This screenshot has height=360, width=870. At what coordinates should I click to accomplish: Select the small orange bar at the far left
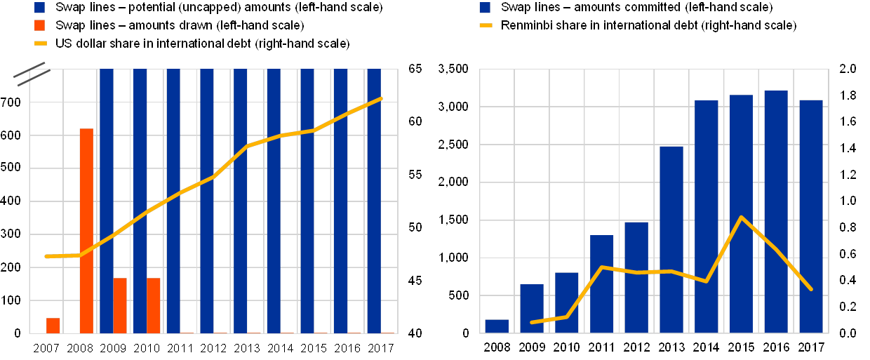53,326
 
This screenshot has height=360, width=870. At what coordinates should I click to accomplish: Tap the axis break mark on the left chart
31,74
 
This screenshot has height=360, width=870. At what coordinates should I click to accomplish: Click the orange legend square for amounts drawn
40,25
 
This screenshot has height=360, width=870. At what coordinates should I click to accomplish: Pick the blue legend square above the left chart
40,8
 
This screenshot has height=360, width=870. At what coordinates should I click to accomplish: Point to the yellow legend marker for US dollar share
41,44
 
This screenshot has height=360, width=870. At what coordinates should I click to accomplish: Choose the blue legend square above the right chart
485,8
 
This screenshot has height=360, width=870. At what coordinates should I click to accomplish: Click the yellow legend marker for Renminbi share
486,25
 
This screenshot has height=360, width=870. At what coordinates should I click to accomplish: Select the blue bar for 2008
497,326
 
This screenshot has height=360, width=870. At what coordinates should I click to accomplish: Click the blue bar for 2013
671,239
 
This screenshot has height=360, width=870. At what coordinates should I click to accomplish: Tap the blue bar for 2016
776,211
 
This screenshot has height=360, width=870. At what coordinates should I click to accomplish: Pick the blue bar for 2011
601,284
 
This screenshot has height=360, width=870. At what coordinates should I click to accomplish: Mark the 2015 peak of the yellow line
742,218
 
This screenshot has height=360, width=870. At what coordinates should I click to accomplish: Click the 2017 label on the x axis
811,347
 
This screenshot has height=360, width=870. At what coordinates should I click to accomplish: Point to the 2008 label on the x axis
497,347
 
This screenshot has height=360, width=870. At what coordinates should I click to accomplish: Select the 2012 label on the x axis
636,347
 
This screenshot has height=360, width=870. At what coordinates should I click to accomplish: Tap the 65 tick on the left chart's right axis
415,69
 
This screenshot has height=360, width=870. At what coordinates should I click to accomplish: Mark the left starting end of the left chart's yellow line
46,256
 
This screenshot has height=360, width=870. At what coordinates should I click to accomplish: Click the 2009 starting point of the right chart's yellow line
532,322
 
